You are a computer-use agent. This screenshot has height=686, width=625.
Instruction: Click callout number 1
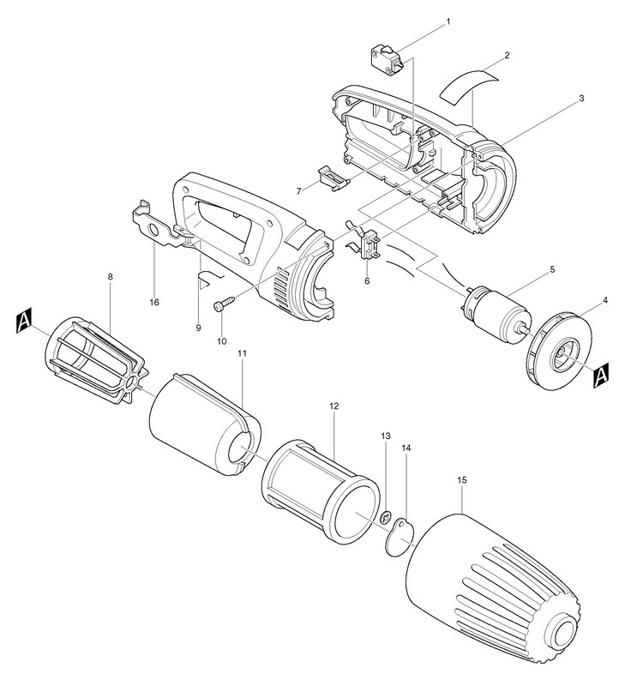click(x=448, y=21)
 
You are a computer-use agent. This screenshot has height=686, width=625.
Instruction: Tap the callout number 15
click(x=462, y=480)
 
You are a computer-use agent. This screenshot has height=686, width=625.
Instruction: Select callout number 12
click(x=334, y=406)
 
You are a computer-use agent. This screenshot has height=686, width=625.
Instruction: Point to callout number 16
click(x=154, y=302)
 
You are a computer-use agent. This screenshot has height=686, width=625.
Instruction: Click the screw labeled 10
click(x=224, y=305)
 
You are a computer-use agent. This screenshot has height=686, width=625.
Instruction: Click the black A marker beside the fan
click(x=601, y=376)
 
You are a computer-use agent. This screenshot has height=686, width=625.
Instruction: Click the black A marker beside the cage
click(x=24, y=322)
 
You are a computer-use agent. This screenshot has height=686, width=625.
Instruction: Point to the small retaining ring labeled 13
click(x=386, y=518)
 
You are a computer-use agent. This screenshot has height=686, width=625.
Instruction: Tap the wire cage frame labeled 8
click(x=97, y=359)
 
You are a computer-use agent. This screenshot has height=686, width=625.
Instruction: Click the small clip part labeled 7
click(x=334, y=179)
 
